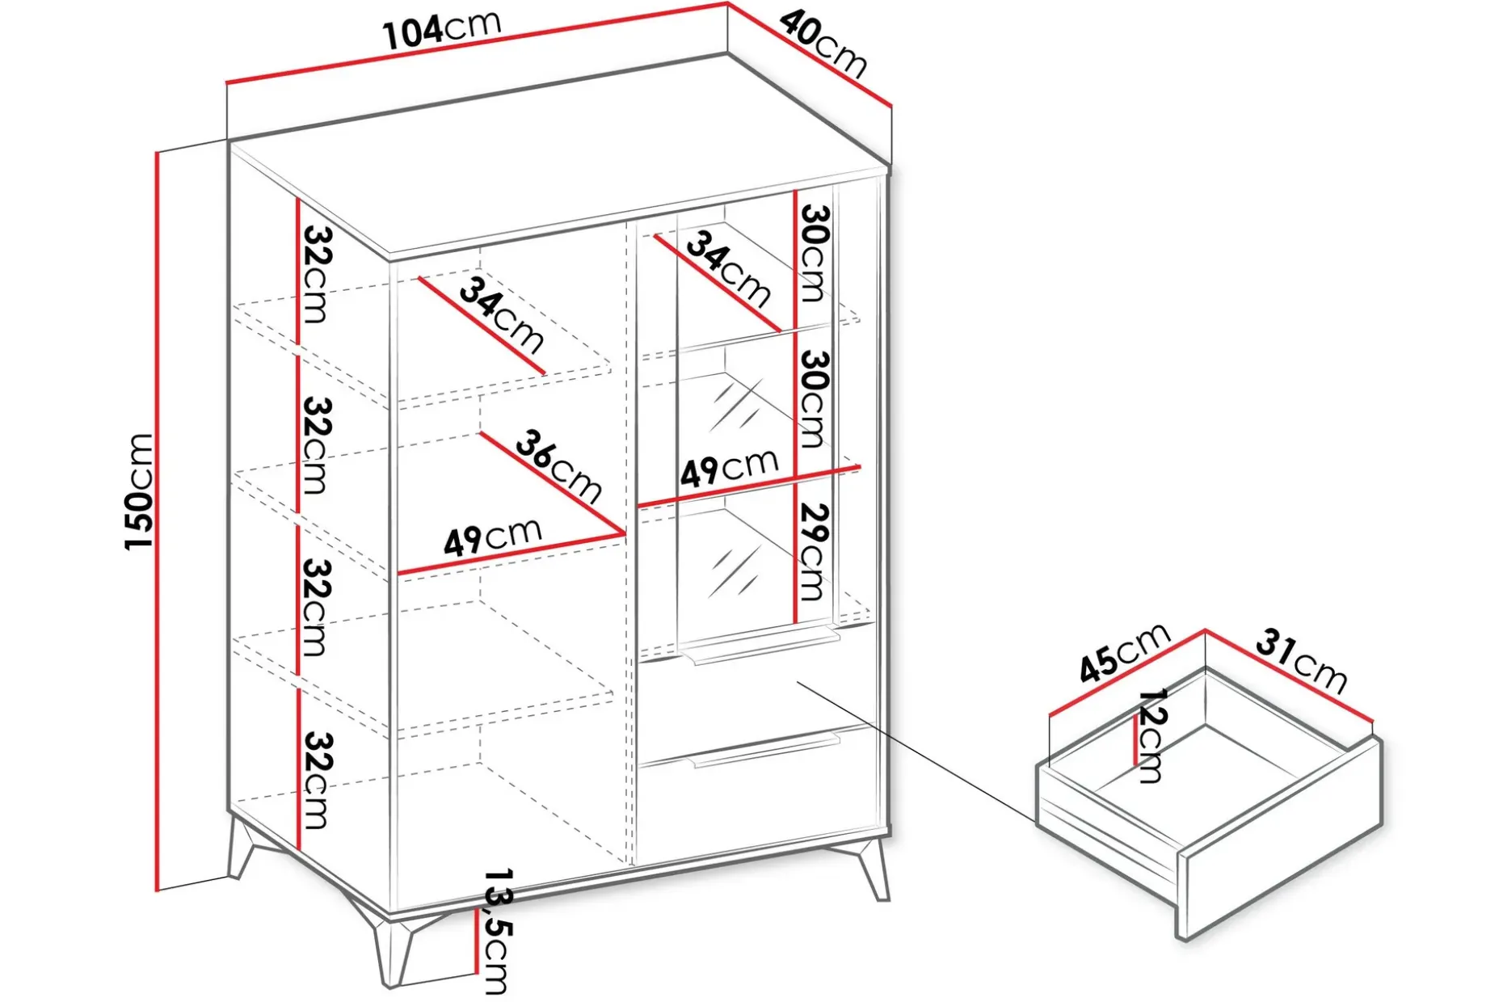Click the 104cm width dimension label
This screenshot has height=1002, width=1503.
point(442,30)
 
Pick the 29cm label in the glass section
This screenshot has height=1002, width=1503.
point(812,552)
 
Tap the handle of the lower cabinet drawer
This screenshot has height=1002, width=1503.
point(764,749)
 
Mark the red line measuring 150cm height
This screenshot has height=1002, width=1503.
point(157,520)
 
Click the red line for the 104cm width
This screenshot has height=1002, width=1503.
point(477,43)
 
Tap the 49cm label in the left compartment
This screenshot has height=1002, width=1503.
point(492,537)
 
